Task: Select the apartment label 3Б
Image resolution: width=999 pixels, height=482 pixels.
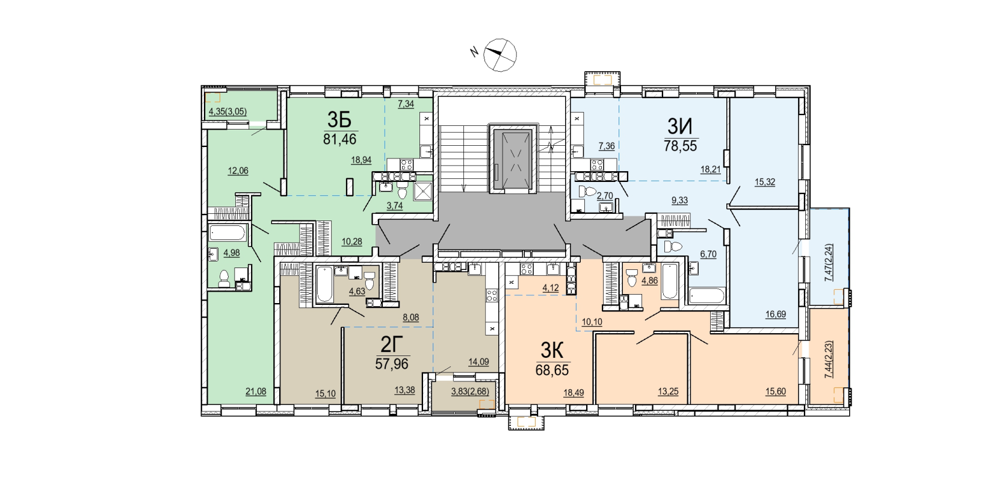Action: pos(340,120)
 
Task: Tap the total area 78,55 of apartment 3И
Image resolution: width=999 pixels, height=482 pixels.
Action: pos(680,145)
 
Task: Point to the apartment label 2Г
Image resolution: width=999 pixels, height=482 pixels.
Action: pos(392,345)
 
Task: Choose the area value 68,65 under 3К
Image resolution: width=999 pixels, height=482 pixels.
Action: pos(552,371)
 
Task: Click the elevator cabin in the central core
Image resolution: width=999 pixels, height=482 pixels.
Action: pos(512,159)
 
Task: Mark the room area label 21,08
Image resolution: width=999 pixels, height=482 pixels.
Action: pos(256,392)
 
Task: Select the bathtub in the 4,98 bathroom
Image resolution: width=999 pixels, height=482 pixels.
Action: pos(227,233)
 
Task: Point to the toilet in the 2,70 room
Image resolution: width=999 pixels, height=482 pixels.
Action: pos(587,192)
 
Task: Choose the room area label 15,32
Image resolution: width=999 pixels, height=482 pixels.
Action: pos(765,182)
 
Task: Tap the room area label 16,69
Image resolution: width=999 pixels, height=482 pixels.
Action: pos(776,314)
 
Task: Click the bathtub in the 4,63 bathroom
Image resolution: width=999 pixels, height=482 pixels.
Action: pos(324,284)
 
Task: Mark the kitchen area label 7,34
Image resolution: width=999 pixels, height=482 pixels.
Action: pos(406,104)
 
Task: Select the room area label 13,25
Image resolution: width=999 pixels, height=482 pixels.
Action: pos(668,392)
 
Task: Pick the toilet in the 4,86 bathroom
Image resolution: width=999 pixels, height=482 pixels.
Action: pos(631,278)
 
